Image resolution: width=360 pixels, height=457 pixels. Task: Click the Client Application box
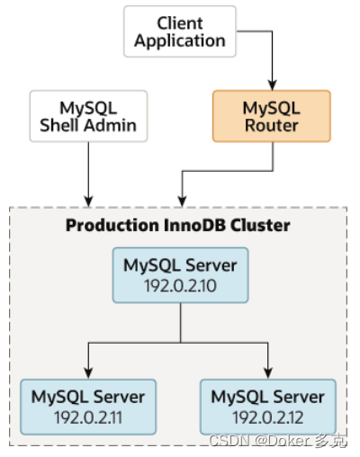click(x=179, y=31)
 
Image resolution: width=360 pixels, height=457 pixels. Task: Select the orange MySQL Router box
click(x=271, y=116)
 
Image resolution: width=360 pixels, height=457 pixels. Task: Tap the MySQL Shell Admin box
click(x=88, y=116)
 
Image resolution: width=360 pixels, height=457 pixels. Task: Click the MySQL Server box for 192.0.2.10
click(x=180, y=274)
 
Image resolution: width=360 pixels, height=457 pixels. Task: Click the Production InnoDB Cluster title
click(x=178, y=225)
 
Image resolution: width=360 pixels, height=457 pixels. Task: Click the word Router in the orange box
click(x=271, y=126)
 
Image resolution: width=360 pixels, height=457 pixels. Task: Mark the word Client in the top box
click(x=179, y=22)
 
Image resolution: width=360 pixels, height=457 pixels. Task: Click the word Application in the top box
click(x=179, y=40)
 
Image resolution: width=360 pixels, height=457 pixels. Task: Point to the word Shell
click(x=62, y=126)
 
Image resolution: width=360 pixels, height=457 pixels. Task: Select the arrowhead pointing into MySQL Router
click(x=271, y=84)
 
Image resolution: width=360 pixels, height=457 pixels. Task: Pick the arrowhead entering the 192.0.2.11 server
click(x=88, y=373)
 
